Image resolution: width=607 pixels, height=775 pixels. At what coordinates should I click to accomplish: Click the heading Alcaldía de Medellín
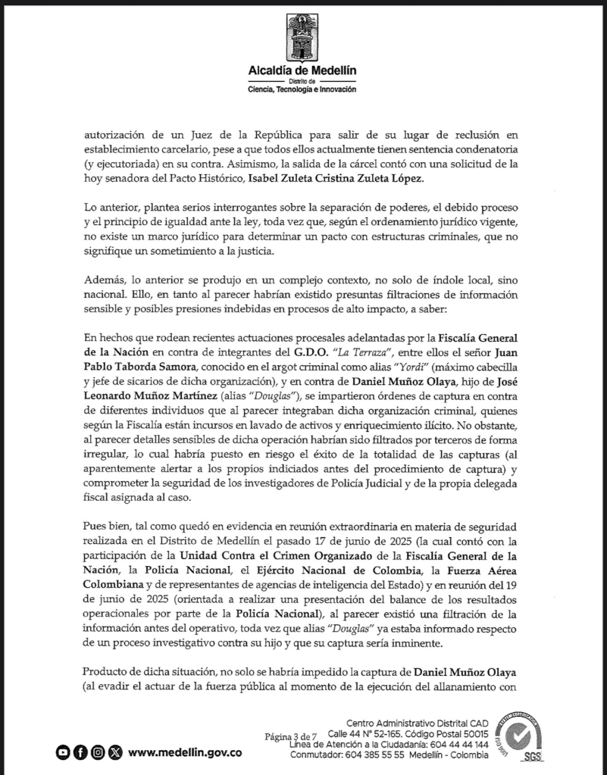302,70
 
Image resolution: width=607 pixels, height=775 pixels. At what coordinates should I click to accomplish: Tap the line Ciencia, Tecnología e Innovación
302,89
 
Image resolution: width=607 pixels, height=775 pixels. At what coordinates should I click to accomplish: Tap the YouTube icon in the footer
64,752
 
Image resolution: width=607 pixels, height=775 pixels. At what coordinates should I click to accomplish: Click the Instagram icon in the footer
97,752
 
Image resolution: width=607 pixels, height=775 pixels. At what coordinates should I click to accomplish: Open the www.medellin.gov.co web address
186,752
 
